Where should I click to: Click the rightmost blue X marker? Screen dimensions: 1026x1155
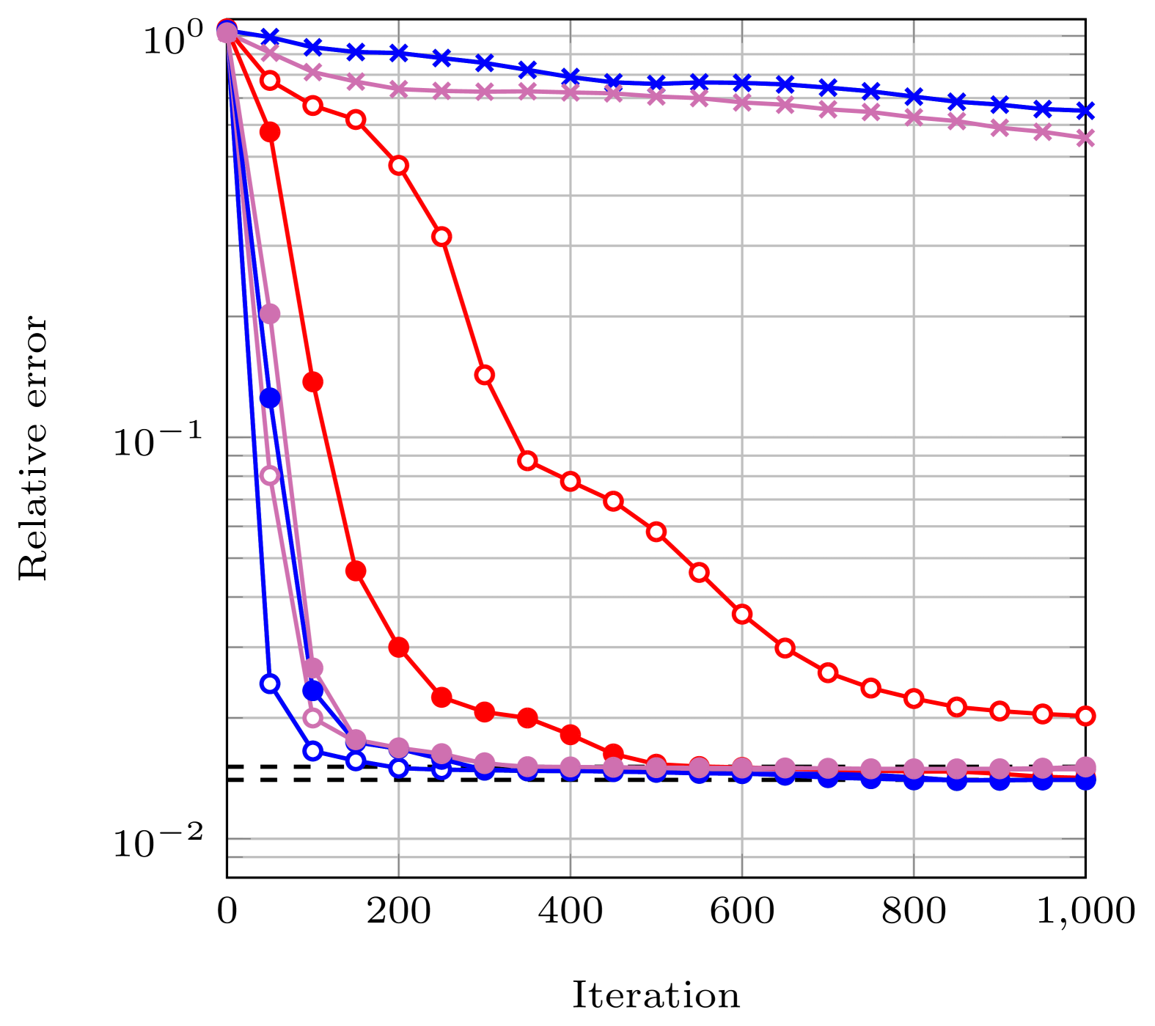[1085, 111]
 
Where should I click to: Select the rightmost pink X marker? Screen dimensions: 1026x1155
[1085, 138]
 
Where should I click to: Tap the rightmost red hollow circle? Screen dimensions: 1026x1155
[1085, 716]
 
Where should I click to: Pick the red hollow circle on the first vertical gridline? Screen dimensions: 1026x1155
[399, 165]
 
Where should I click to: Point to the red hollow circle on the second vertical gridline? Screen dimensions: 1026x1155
[571, 481]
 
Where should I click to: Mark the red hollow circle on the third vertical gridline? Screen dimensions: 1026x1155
[742, 614]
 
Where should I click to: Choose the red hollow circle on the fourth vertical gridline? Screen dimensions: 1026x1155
[914, 698]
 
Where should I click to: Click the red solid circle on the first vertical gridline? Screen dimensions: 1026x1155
[399, 647]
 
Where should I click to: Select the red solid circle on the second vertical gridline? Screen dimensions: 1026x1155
[571, 734]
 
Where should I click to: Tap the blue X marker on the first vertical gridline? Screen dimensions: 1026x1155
[399, 53]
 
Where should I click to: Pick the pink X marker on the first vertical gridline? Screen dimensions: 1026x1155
[399, 89]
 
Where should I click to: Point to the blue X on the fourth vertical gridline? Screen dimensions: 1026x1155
[914, 96]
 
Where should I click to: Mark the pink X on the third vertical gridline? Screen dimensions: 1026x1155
[742, 102]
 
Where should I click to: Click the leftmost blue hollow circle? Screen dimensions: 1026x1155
[270, 684]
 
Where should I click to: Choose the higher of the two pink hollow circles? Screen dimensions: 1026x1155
[270, 475]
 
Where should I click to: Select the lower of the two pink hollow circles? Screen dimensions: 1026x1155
[313, 717]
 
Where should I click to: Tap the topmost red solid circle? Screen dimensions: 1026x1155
[270, 132]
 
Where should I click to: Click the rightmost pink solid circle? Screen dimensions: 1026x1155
[1085, 767]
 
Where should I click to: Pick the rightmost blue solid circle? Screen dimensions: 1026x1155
[1085, 780]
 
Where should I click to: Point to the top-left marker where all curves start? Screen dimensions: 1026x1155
[227, 32]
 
